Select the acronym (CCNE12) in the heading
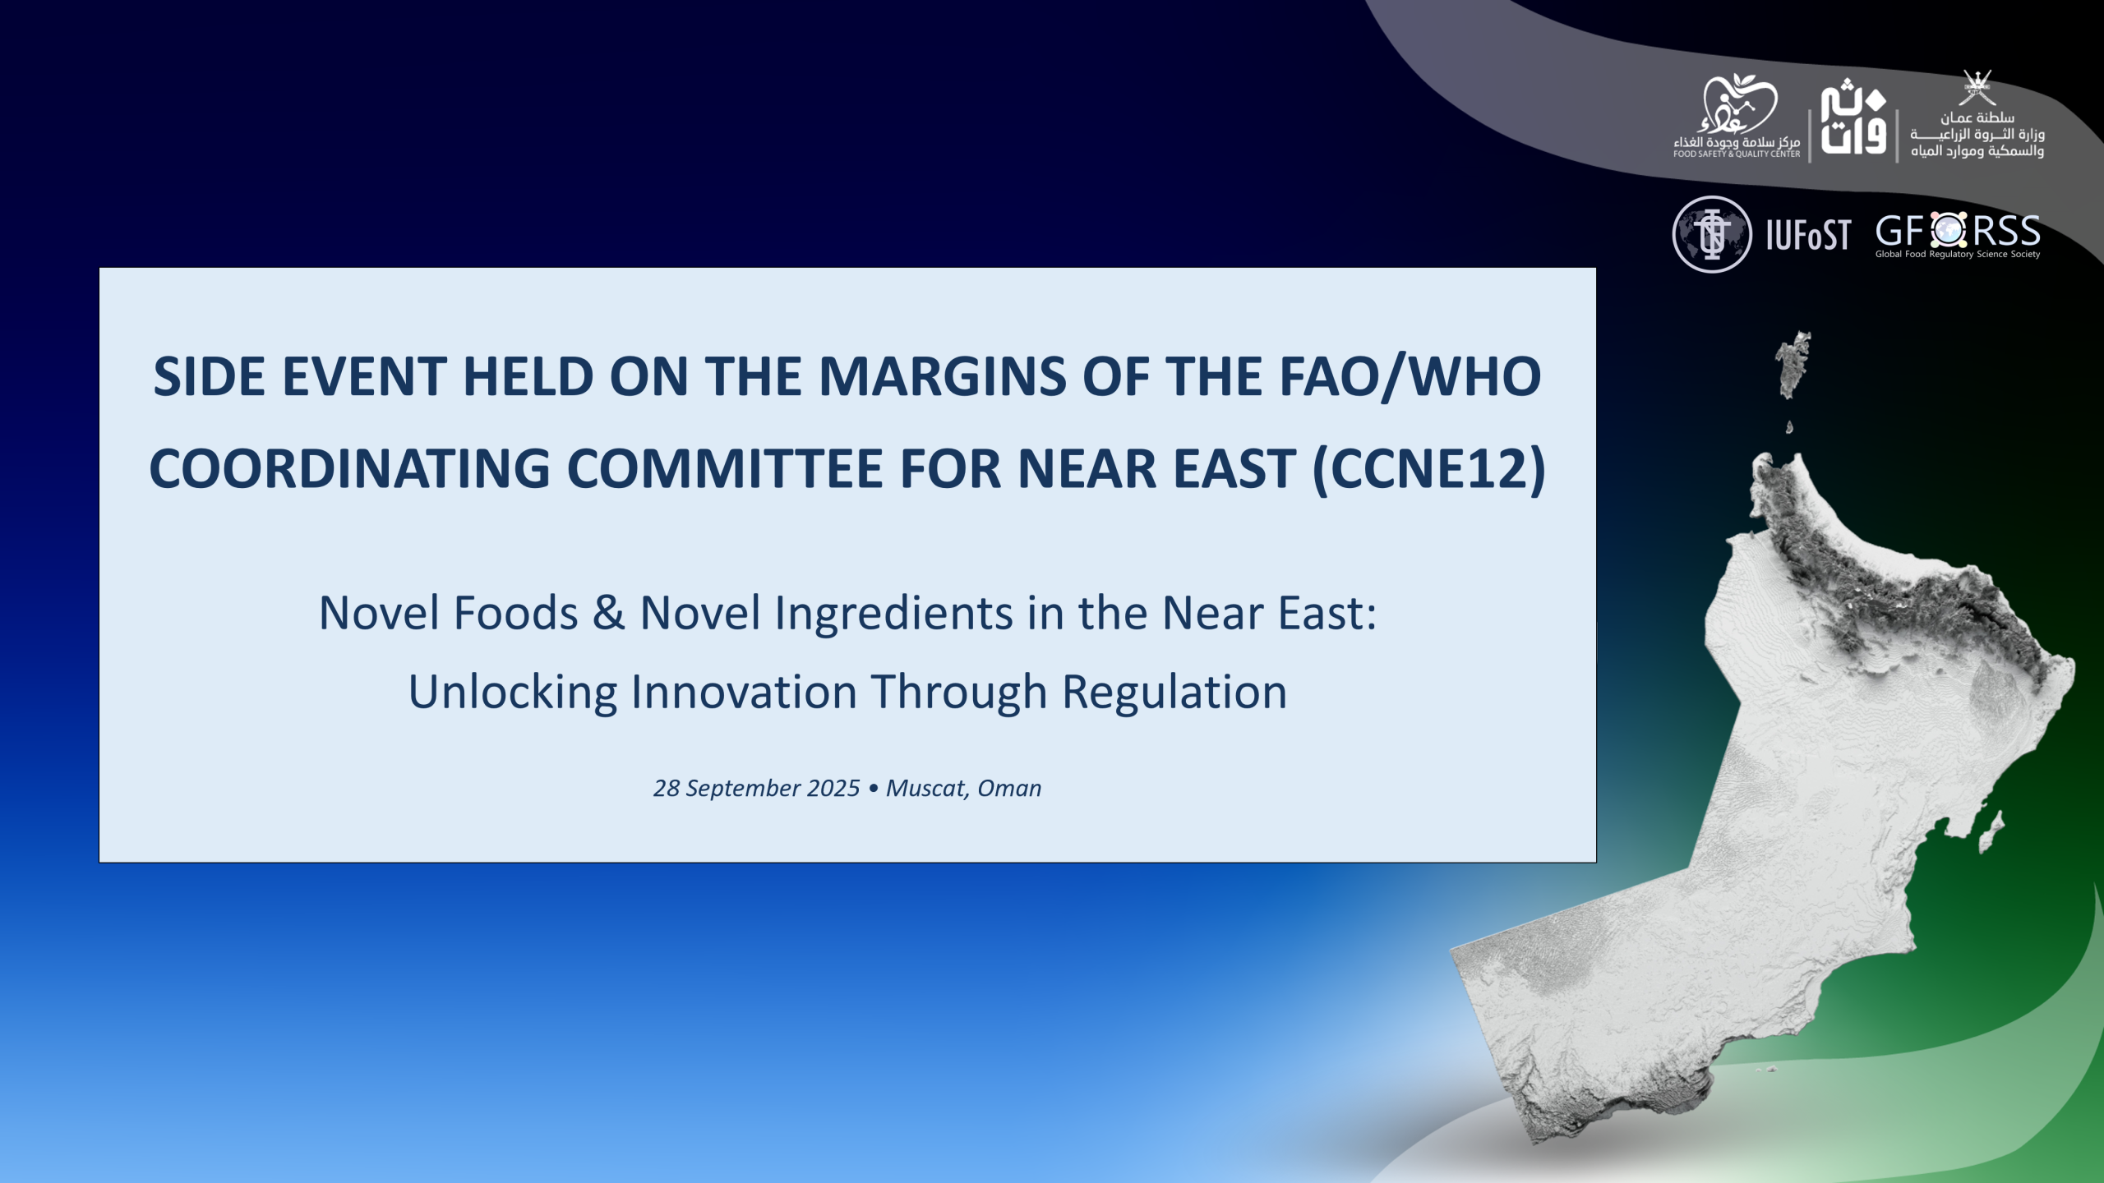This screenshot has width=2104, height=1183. (x=1429, y=469)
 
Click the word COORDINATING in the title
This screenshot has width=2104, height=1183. (x=349, y=469)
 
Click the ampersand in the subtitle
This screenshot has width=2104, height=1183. (x=608, y=613)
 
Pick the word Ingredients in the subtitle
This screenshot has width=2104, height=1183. (x=893, y=615)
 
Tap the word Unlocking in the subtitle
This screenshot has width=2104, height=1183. (x=513, y=693)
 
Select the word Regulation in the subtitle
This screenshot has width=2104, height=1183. (x=1174, y=693)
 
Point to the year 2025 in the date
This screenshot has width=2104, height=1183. (x=833, y=788)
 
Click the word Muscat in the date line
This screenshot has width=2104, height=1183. (x=926, y=789)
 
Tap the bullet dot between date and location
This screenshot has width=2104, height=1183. (x=873, y=789)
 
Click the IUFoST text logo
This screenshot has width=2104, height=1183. (x=1808, y=235)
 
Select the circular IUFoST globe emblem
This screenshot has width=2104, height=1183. (x=1712, y=234)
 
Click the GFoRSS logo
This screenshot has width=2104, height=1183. (x=1958, y=236)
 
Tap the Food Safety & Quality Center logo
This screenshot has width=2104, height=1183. (x=1737, y=116)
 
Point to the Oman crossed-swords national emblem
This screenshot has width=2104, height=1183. (x=1976, y=88)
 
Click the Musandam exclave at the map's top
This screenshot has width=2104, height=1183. (x=1793, y=365)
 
